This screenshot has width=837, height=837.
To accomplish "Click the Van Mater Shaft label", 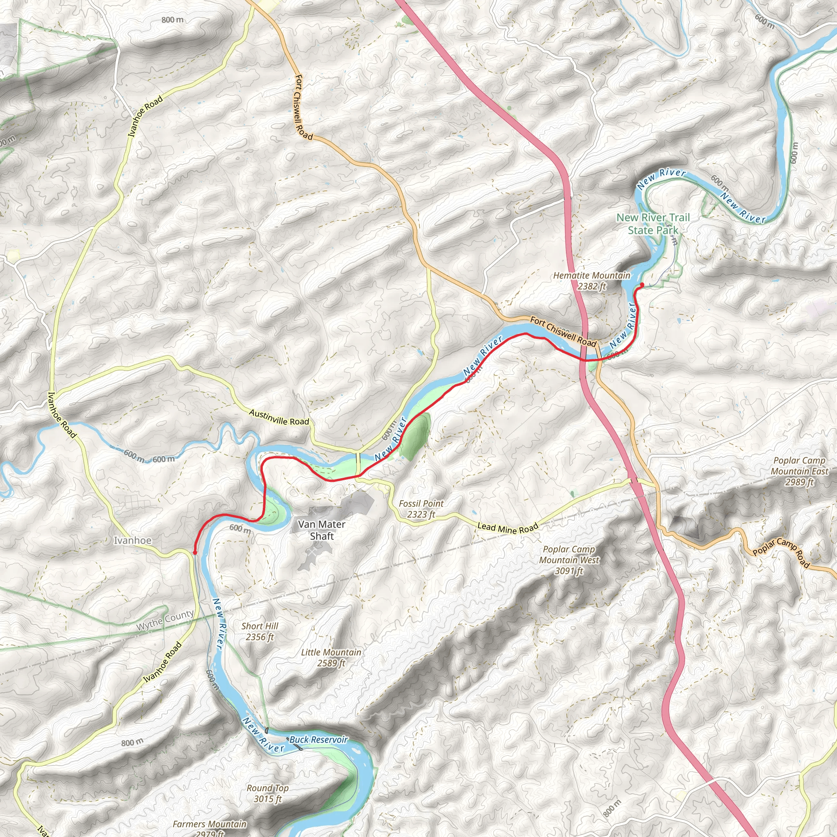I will tap(322, 530).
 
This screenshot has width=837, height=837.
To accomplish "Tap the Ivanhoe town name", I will tap(132, 540).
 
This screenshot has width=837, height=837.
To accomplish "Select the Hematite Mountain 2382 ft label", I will tap(592, 281).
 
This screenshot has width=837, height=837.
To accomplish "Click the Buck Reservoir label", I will tap(318, 739).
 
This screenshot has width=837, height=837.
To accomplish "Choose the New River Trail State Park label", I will tap(653, 224).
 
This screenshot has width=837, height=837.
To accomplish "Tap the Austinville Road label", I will tap(279, 417).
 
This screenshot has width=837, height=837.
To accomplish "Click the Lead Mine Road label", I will tap(508, 528).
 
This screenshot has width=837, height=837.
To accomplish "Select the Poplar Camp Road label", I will tap(781, 553).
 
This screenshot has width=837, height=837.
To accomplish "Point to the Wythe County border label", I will tap(165, 621).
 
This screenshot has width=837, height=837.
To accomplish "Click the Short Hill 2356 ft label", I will tap(260, 631).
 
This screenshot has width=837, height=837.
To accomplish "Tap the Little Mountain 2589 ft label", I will tap(331, 658).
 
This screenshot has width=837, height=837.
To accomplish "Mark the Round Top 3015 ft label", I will tap(268, 794).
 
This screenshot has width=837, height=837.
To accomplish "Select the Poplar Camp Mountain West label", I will tap(569, 560).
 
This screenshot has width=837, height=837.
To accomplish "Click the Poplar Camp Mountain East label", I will tap(799, 471).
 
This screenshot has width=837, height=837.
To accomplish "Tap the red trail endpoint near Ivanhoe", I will tap(195, 553).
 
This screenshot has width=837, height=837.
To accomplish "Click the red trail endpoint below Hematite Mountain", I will tap(642, 284).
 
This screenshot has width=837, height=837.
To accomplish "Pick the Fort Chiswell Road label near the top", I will tap(304, 107).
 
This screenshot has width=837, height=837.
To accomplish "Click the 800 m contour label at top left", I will tap(172, 20).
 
